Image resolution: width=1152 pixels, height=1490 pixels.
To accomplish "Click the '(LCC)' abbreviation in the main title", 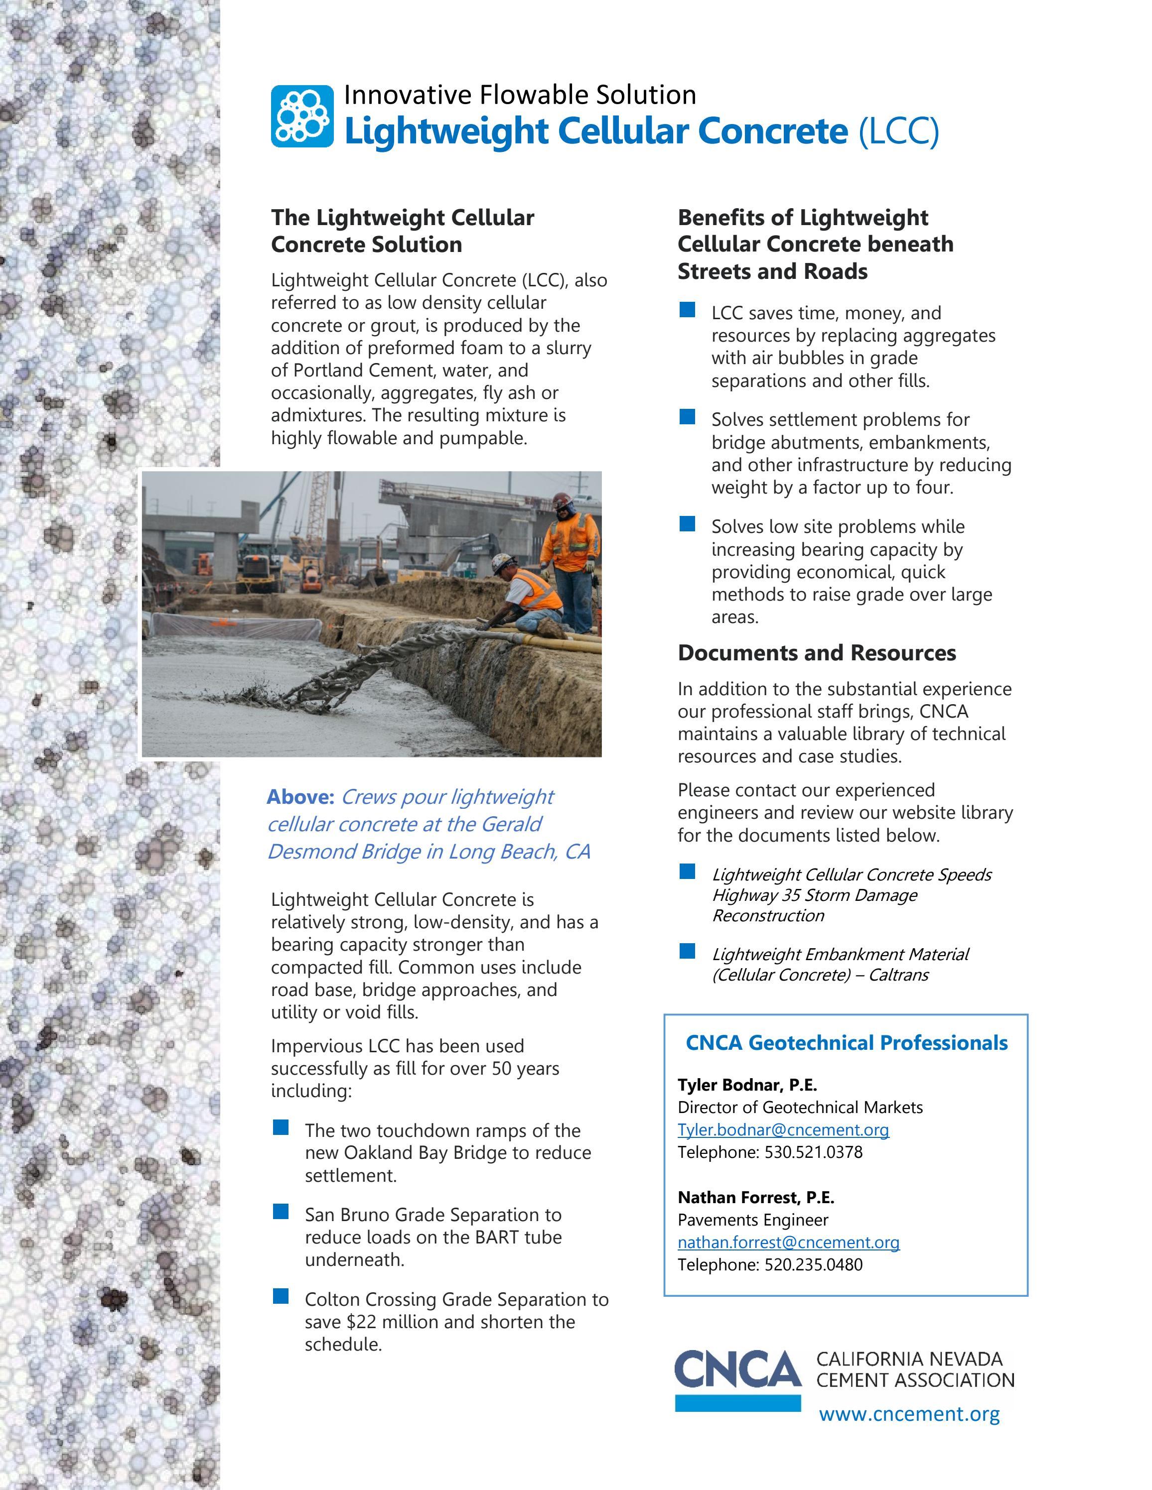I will click(898, 131).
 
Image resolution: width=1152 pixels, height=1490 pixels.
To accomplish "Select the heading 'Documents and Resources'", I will click(816, 653).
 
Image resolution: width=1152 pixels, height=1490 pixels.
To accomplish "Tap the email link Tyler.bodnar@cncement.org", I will click(783, 1130).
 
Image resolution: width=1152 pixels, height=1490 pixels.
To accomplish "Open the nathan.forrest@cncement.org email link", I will click(788, 1242).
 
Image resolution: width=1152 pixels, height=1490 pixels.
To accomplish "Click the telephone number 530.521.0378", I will click(813, 1152).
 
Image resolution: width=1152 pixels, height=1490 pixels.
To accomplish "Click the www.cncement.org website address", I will click(909, 1414).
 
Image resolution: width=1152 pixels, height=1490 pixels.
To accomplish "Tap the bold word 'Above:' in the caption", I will click(300, 797).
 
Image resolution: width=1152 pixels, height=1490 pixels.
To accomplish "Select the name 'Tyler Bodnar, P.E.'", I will click(746, 1085).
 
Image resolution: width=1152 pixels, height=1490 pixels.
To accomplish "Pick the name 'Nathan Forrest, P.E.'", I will click(755, 1197).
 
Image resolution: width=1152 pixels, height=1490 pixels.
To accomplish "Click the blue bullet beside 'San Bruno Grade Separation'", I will click(281, 1212).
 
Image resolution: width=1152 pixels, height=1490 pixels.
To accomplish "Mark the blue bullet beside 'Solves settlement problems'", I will click(687, 417).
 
